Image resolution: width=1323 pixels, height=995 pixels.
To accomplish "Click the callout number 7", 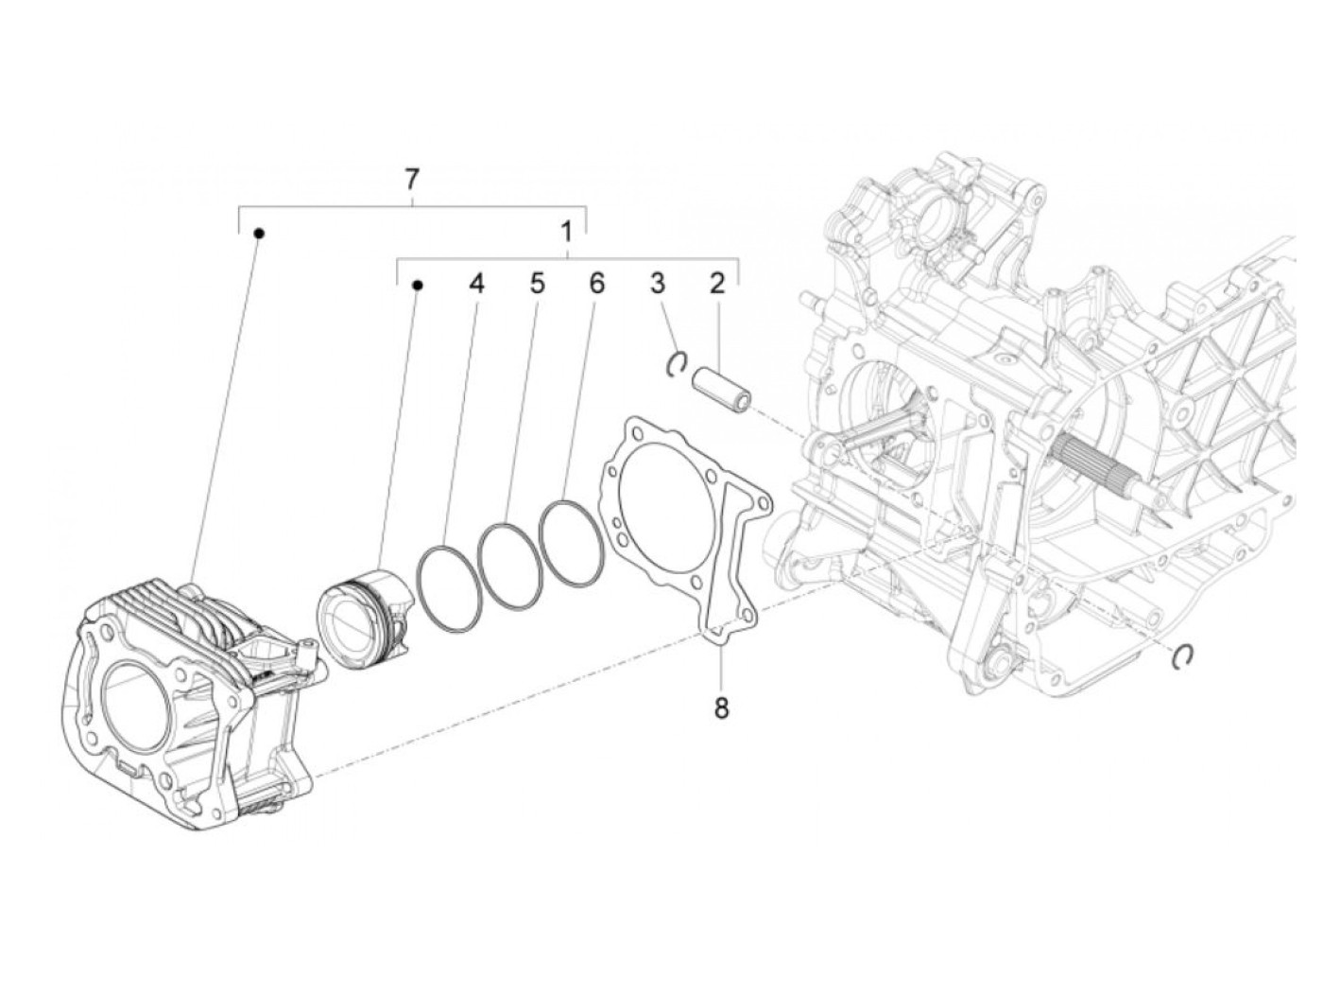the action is pos(411,179).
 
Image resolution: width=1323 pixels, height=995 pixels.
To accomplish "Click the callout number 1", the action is pos(566,231).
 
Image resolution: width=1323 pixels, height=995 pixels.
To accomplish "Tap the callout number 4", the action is pos(477,282).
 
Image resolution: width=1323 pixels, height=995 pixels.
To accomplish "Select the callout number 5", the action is pos(537,282).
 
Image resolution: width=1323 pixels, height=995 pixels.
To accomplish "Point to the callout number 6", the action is pos(595,282).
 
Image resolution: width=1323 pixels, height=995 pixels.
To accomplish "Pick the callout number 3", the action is pos(658,282).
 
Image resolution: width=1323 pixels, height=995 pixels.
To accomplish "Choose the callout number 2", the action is pos(717,282).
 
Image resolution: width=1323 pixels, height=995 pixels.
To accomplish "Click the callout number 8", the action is pos(721,707).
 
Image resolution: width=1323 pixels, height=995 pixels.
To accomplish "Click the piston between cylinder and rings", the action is pos(364,615).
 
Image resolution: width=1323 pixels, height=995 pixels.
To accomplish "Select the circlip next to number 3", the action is pos(677,362).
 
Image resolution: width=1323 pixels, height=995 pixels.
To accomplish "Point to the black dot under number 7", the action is pos(258,233).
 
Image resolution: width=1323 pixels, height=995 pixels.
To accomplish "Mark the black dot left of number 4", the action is pos(419,284).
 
